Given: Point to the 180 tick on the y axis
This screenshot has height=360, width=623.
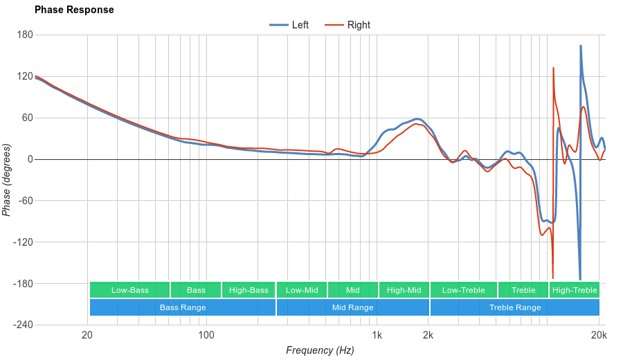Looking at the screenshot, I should coord(25,35).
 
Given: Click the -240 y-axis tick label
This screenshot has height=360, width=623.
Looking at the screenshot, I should coord(22,325).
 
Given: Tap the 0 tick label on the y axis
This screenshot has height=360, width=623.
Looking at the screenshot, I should coord(29,159).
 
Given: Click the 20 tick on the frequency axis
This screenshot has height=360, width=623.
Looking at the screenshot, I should coord(87,336).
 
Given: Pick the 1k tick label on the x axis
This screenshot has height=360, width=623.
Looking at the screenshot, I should coord(377,336).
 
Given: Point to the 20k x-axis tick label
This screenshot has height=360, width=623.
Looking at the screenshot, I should coord(599,336).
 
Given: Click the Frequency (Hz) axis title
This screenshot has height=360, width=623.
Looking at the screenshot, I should coord(320,350).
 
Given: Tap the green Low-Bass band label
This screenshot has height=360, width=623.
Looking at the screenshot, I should coord(129,290).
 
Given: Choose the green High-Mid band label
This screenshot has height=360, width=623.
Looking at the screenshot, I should coord(404,290).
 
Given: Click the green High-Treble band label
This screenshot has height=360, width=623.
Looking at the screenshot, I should coord(575,290).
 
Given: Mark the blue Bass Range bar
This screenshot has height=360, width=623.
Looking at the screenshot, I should coord(183,307).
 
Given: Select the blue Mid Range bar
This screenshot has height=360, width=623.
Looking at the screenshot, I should coord(352,307).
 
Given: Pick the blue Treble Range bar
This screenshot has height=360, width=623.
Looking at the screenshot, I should coord(515,307).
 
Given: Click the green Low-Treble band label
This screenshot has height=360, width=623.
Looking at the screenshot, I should coord(463,290).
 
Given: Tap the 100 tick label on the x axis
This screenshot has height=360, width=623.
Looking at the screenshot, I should coord(206,336).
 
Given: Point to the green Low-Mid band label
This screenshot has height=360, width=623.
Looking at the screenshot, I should coord(302,290).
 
